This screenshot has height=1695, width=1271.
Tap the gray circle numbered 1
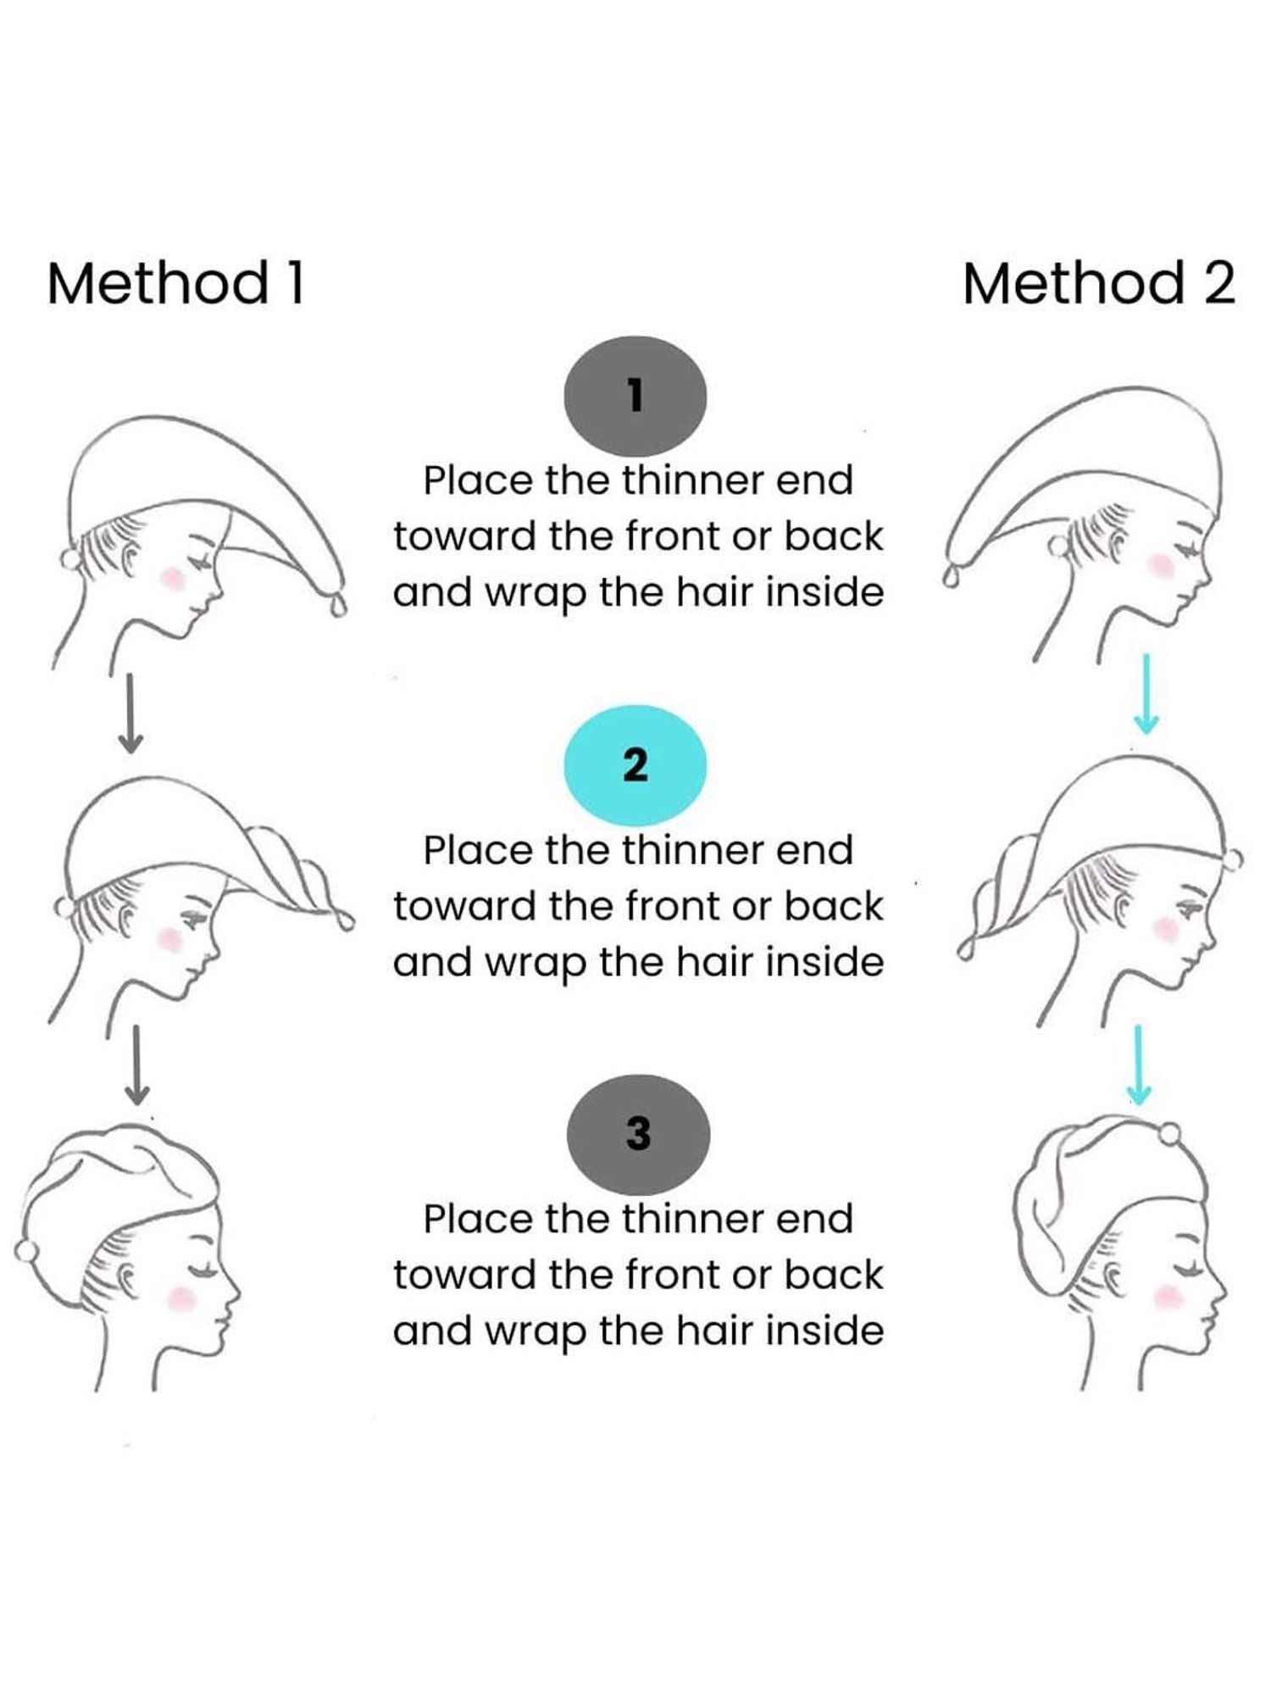pyautogui.click(x=635, y=396)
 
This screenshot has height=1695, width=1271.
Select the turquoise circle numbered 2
pyautogui.click(x=635, y=765)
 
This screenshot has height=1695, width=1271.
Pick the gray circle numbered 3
pyautogui.click(x=638, y=1134)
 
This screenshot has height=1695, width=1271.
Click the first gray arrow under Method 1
pyautogui.click(x=130, y=713)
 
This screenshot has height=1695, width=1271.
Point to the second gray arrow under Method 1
pyautogui.click(x=136, y=1064)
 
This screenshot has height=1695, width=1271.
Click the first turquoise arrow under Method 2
pyautogui.click(x=1146, y=693)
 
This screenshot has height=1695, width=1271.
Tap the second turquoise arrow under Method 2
pyautogui.click(x=1139, y=1064)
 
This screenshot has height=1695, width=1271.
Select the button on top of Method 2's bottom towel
pyautogui.click(x=1168, y=1133)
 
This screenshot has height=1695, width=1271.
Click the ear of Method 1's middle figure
pyautogui.click(x=127, y=920)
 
